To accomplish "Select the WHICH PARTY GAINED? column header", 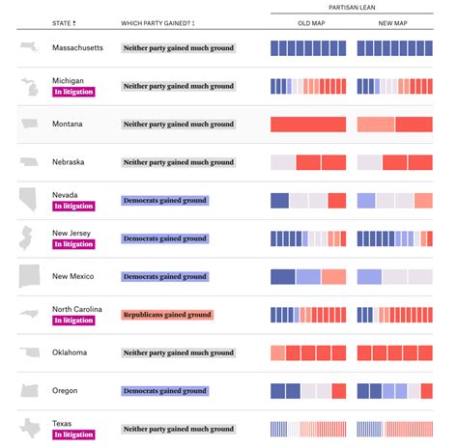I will (157, 22).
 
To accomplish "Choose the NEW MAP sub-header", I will (394, 22).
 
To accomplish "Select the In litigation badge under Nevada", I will (74, 206).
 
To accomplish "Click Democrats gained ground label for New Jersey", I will (165, 238).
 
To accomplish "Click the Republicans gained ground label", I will (167, 315).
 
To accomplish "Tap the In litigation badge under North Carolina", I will (74, 321).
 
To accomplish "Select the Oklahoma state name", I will (73, 352).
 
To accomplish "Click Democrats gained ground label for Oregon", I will (165, 391).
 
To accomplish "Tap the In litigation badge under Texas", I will (74, 434).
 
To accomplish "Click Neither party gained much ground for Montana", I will (179, 124).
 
